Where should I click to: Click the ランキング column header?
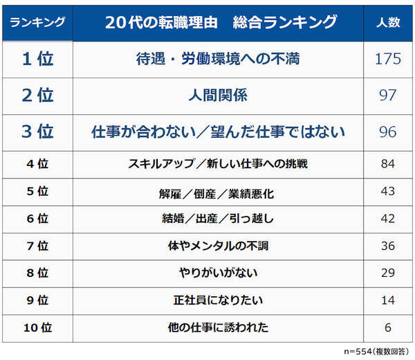point(39,23)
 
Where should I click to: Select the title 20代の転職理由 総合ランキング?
point(221,23)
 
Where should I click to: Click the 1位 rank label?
point(39,59)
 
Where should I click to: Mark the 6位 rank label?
point(39,219)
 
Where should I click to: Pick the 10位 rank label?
point(39,327)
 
